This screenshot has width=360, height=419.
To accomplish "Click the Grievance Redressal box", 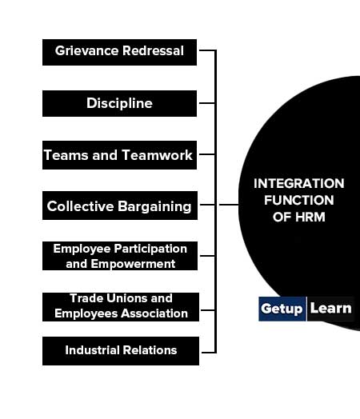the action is point(119,53).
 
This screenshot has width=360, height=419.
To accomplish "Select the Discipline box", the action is point(119,103).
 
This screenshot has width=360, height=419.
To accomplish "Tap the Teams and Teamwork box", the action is point(119,155).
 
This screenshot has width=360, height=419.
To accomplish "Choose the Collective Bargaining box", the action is point(120,206).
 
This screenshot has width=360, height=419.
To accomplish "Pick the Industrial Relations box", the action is point(121,351).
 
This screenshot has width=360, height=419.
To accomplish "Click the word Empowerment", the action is point(133,265).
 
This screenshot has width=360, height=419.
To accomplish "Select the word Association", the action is point(154,313).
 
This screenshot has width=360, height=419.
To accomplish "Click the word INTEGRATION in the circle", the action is point(298,184).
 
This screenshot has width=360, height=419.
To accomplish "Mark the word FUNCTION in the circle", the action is point(298,200).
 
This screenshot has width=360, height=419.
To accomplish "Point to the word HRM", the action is point(310,217).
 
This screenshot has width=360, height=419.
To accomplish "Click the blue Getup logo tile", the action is point(282,309).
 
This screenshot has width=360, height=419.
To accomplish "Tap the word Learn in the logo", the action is point(330,309).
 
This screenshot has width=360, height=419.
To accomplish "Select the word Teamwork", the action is point(157,155).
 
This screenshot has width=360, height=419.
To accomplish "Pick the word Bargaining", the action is point(154,207).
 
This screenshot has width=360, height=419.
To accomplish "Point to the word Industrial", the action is point(92,350).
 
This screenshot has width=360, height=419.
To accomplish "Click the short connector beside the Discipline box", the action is point(207,103).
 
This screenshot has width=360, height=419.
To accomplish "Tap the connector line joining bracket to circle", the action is point(229,205).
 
